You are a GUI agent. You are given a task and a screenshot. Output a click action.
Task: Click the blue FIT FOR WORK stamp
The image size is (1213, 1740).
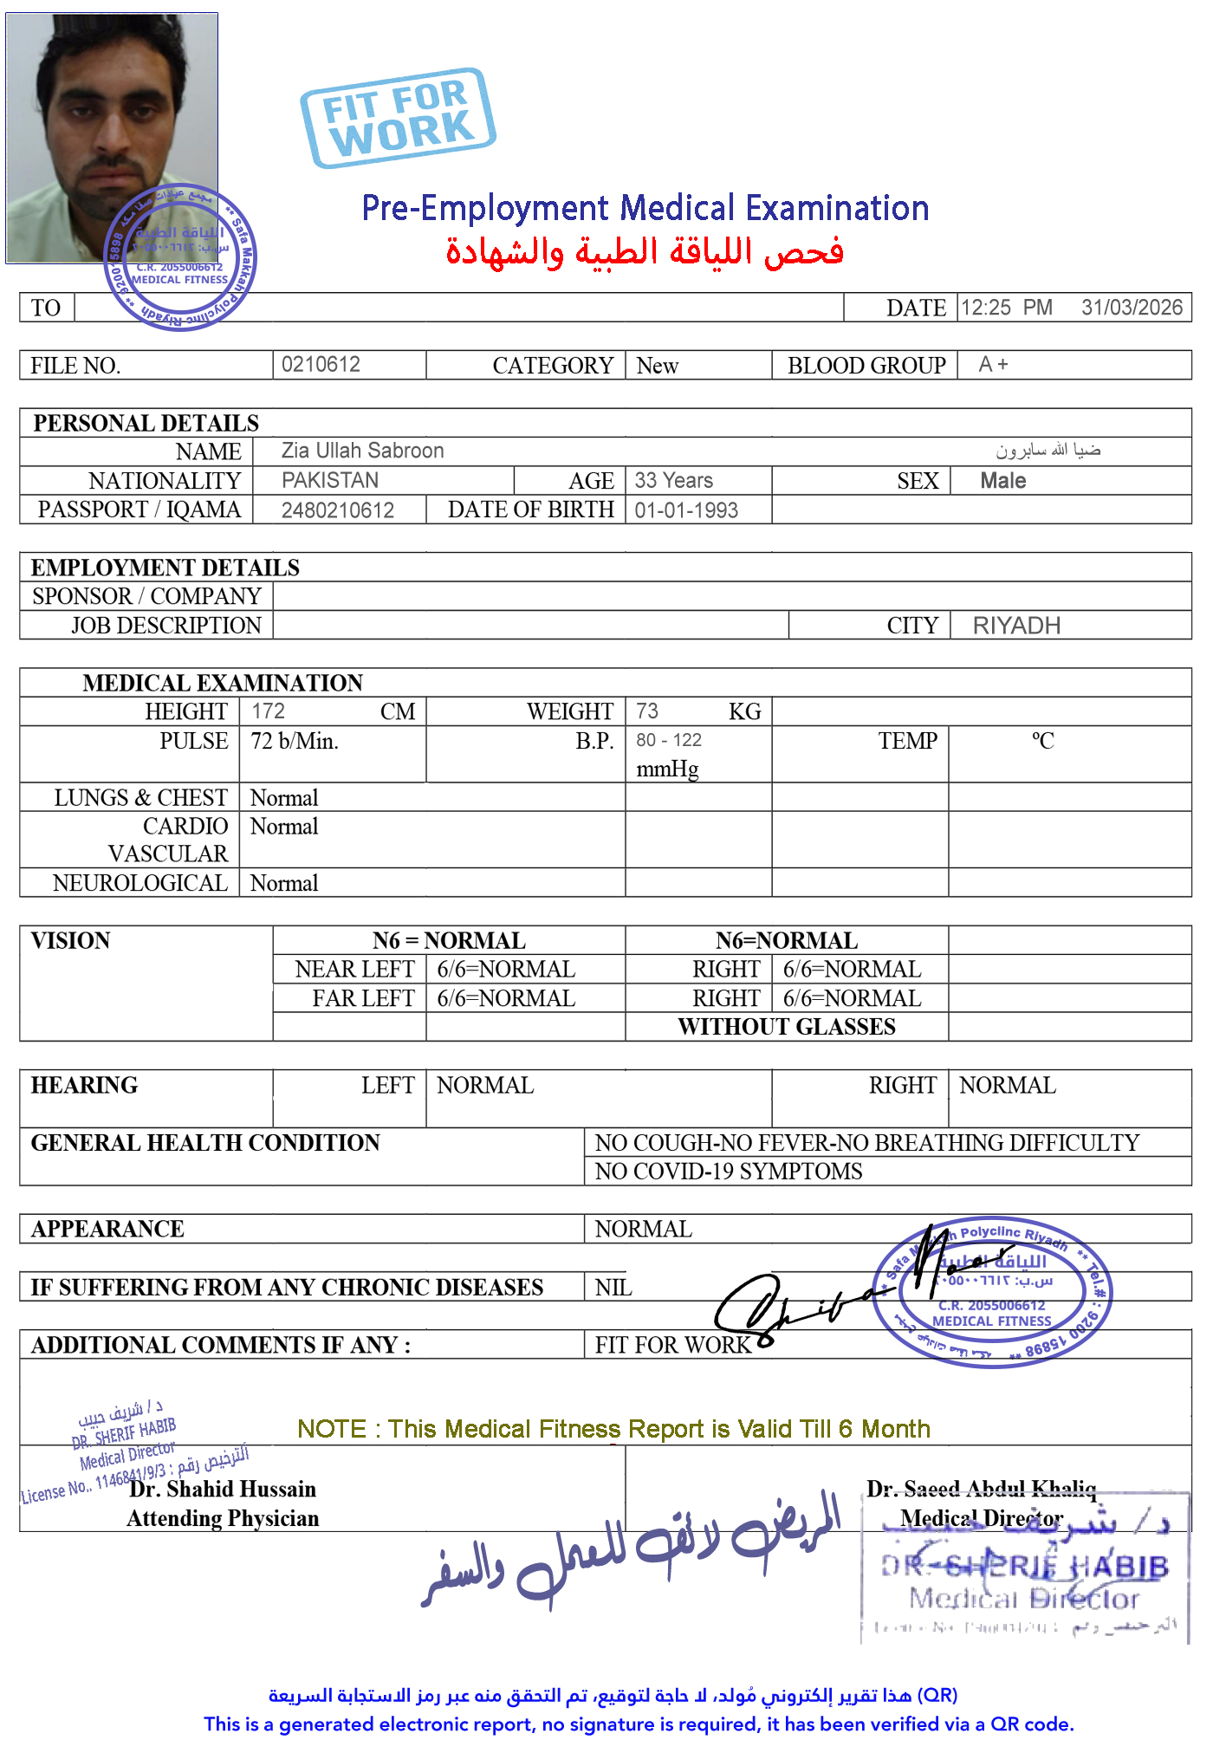tap(398, 118)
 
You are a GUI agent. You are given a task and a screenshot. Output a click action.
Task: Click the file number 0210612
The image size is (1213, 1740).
tap(321, 365)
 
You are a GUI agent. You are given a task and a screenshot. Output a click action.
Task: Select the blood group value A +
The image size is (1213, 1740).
tap(993, 365)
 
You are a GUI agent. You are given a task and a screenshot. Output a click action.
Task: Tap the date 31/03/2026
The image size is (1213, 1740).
tap(1132, 308)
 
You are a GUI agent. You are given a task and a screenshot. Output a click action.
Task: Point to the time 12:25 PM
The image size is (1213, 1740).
tap(1006, 308)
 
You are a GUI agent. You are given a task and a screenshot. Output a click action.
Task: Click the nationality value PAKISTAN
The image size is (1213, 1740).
tap(330, 480)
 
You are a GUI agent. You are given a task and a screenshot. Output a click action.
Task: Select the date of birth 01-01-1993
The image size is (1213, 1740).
tap(686, 510)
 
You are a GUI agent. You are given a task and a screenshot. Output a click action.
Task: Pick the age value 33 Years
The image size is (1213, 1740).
tap(673, 480)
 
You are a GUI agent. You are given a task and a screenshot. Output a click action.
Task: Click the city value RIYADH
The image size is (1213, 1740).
tap(1016, 626)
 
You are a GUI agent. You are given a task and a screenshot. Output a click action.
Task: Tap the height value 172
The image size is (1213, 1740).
tap(269, 711)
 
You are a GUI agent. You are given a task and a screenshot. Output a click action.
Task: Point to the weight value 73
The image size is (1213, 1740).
tap(647, 711)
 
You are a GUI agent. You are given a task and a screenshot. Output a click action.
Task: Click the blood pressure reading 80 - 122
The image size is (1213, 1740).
tap(669, 740)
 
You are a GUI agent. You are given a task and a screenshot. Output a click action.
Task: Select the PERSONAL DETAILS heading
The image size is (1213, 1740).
tap(146, 423)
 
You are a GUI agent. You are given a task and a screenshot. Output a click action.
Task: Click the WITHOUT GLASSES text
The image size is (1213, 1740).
tap(787, 1027)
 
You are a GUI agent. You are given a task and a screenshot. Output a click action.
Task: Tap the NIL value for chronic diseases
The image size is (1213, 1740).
tap(613, 1288)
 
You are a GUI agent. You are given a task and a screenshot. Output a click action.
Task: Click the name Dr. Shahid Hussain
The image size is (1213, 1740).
tap(223, 1490)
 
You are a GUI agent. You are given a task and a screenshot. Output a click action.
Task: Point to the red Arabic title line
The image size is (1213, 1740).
tap(645, 252)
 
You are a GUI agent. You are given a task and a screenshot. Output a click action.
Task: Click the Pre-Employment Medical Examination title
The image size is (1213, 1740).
tap(645, 208)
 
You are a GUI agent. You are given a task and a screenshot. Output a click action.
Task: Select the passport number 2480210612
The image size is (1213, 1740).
tap(338, 510)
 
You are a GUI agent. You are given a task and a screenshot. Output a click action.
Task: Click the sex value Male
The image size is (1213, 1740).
tap(1002, 481)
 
